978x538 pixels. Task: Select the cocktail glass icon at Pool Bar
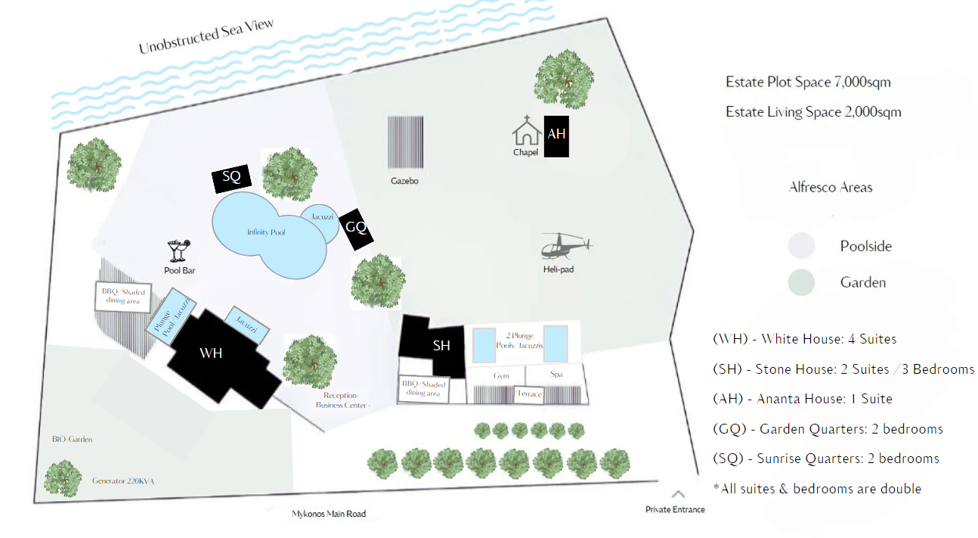pyautogui.click(x=180, y=250)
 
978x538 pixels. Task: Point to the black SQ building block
pyautogui.click(x=231, y=178)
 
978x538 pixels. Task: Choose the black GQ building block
pyautogui.click(x=356, y=229)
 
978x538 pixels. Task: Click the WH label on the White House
pyautogui.click(x=211, y=353)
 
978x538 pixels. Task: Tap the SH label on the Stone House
pyautogui.click(x=441, y=346)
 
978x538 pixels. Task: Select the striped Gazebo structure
pyautogui.click(x=405, y=142)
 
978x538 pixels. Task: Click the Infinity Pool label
pyautogui.click(x=266, y=232)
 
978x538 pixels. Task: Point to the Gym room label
pyautogui.click(x=501, y=375)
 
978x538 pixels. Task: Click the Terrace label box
pyautogui.click(x=529, y=394)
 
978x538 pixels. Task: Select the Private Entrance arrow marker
pyautogui.click(x=678, y=495)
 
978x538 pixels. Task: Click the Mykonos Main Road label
pyautogui.click(x=329, y=515)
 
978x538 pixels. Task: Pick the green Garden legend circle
pyautogui.click(x=801, y=282)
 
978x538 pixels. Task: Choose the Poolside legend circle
pyautogui.click(x=801, y=246)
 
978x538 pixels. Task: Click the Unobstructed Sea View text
pyautogui.click(x=206, y=37)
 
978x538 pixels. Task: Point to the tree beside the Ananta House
pyautogui.click(x=564, y=78)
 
